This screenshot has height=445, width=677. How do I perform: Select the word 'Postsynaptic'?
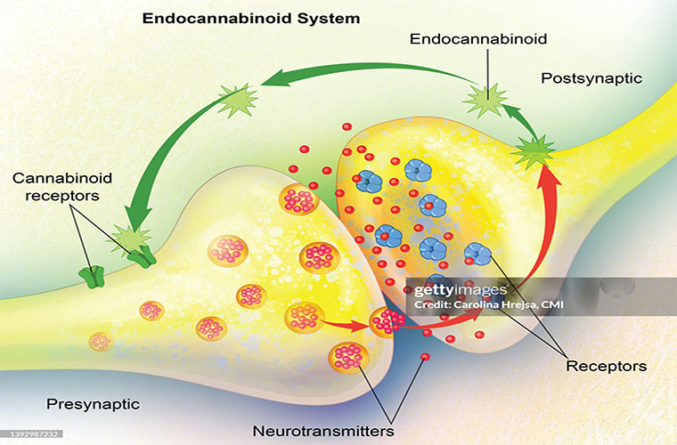click(x=591, y=78)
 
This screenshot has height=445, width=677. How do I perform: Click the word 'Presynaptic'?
click(x=94, y=404)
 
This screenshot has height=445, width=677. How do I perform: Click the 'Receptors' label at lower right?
click(x=606, y=365)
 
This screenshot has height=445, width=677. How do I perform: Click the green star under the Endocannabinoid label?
click(x=486, y=99)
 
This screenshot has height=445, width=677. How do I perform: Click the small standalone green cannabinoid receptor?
click(x=89, y=274)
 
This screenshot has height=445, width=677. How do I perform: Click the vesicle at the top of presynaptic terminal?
click(x=299, y=199)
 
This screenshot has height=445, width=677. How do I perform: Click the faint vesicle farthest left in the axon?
click(x=101, y=341)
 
